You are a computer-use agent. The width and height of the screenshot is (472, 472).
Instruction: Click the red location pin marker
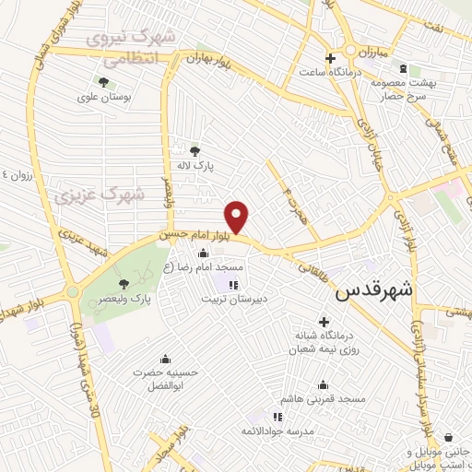237,217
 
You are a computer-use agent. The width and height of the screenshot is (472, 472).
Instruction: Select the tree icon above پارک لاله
194,151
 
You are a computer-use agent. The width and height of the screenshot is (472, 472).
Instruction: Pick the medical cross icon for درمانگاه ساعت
329,58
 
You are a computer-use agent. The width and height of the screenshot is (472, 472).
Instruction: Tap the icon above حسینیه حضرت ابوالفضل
166,359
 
